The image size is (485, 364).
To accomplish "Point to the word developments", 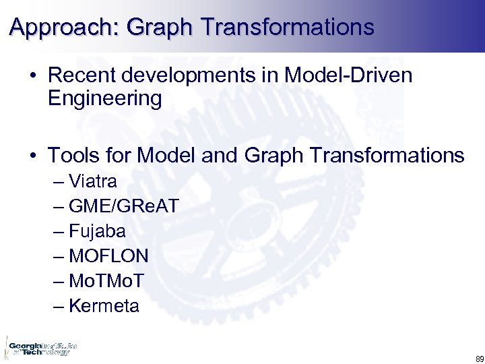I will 188,76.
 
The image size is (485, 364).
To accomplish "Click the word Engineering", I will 105,100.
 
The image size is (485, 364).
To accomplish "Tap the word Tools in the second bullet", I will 71,156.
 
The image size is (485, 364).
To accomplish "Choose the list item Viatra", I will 93,181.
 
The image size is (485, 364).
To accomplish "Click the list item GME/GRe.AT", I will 124,206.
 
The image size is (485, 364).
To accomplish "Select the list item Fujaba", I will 97,231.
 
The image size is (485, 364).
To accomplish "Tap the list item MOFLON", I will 108,256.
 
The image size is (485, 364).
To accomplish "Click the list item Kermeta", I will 104,306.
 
